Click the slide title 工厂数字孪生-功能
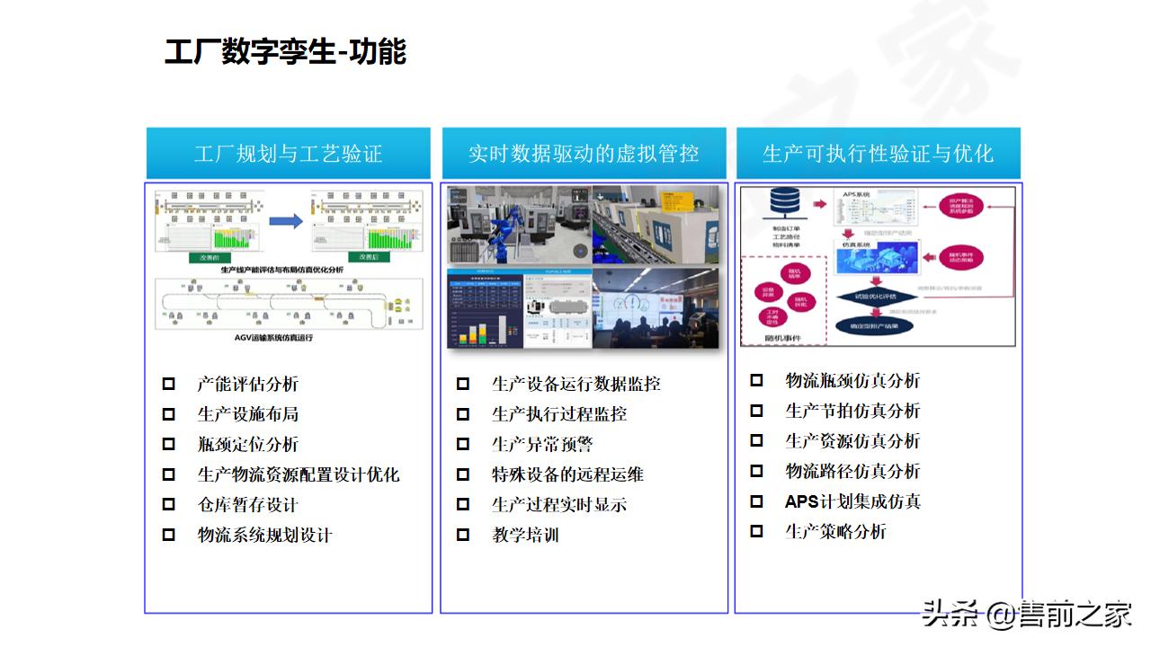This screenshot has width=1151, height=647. (285, 51)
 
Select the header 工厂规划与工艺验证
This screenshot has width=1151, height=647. (289, 154)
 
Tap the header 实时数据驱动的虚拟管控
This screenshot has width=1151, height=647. (584, 154)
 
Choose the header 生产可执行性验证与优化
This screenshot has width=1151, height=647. (878, 154)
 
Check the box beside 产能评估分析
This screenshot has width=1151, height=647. (169, 385)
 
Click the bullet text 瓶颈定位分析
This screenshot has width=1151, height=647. (248, 445)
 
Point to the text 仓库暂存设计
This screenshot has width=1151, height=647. (248, 505)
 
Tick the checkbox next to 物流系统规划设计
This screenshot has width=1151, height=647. (169, 535)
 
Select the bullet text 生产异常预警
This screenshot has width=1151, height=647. (542, 445)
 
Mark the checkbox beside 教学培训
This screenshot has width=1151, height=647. (463, 535)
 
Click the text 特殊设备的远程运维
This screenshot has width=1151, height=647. (567, 474)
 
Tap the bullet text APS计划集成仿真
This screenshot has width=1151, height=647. (852, 501)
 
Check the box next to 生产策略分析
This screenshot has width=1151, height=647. (757, 531)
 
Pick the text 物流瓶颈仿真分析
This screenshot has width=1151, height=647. (852, 381)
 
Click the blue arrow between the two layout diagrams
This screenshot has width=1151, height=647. (286, 221)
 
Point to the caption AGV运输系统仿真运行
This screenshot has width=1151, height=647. (286, 338)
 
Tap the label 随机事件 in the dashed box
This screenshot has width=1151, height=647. (781, 338)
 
